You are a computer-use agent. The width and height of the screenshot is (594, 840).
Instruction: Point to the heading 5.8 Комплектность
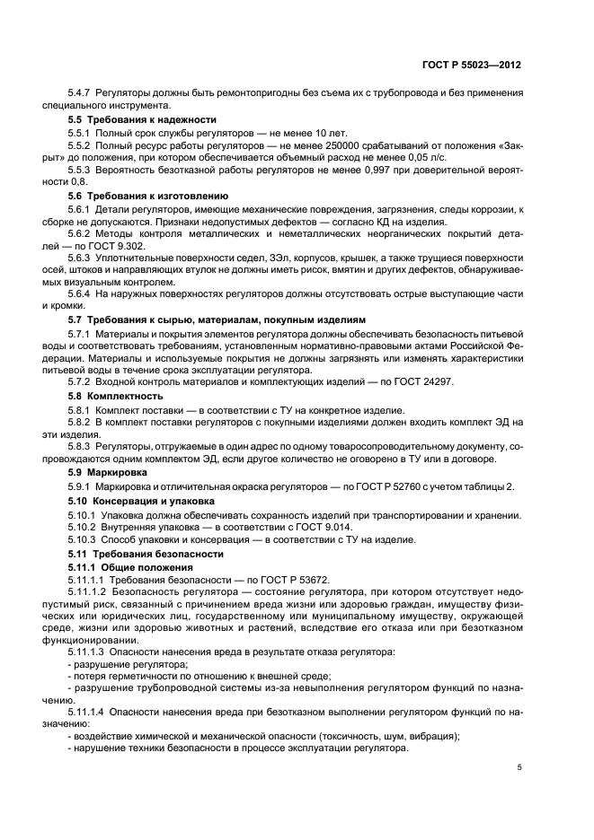pyautogui.click(x=116, y=395)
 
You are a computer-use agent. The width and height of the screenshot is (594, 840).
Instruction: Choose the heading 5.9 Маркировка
pyautogui.click(x=110, y=471)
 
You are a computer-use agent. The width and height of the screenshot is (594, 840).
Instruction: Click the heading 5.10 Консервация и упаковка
pyautogui.click(x=141, y=500)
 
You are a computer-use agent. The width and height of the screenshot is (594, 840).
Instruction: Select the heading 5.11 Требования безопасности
pyautogui.click(x=137, y=556)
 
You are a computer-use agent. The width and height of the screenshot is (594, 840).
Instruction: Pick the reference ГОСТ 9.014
pyautogui.click(x=324, y=527)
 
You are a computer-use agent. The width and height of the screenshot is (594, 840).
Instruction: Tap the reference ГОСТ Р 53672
pyautogui.click(x=287, y=582)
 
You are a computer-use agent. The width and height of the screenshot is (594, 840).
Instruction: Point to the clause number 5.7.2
pyautogui.click(x=82, y=381)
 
